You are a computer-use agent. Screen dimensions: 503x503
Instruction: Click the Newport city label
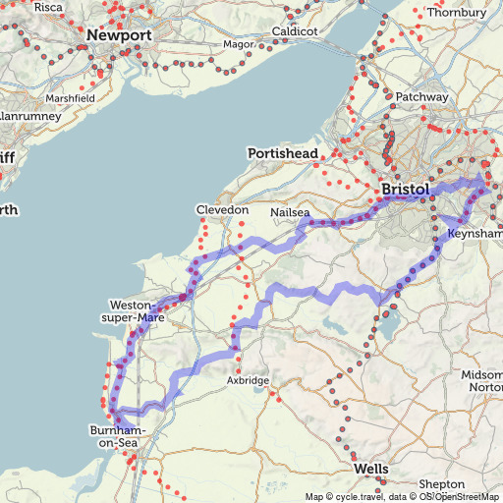(x=119, y=35)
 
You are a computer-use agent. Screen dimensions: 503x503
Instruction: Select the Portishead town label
(x=283, y=154)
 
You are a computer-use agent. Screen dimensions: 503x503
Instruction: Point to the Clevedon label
(x=222, y=211)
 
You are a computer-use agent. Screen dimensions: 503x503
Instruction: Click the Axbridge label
(x=248, y=379)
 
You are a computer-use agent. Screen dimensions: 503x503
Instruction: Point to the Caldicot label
(x=295, y=31)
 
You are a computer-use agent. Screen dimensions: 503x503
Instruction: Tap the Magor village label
(x=238, y=44)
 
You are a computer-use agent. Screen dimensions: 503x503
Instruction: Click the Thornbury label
(x=457, y=12)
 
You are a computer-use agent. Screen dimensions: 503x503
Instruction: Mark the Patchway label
(x=422, y=97)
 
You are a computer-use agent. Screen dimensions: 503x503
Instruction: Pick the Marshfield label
(x=72, y=99)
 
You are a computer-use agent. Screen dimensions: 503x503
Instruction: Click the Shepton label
(x=441, y=485)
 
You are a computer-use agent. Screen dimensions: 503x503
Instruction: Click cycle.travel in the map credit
(x=361, y=497)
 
